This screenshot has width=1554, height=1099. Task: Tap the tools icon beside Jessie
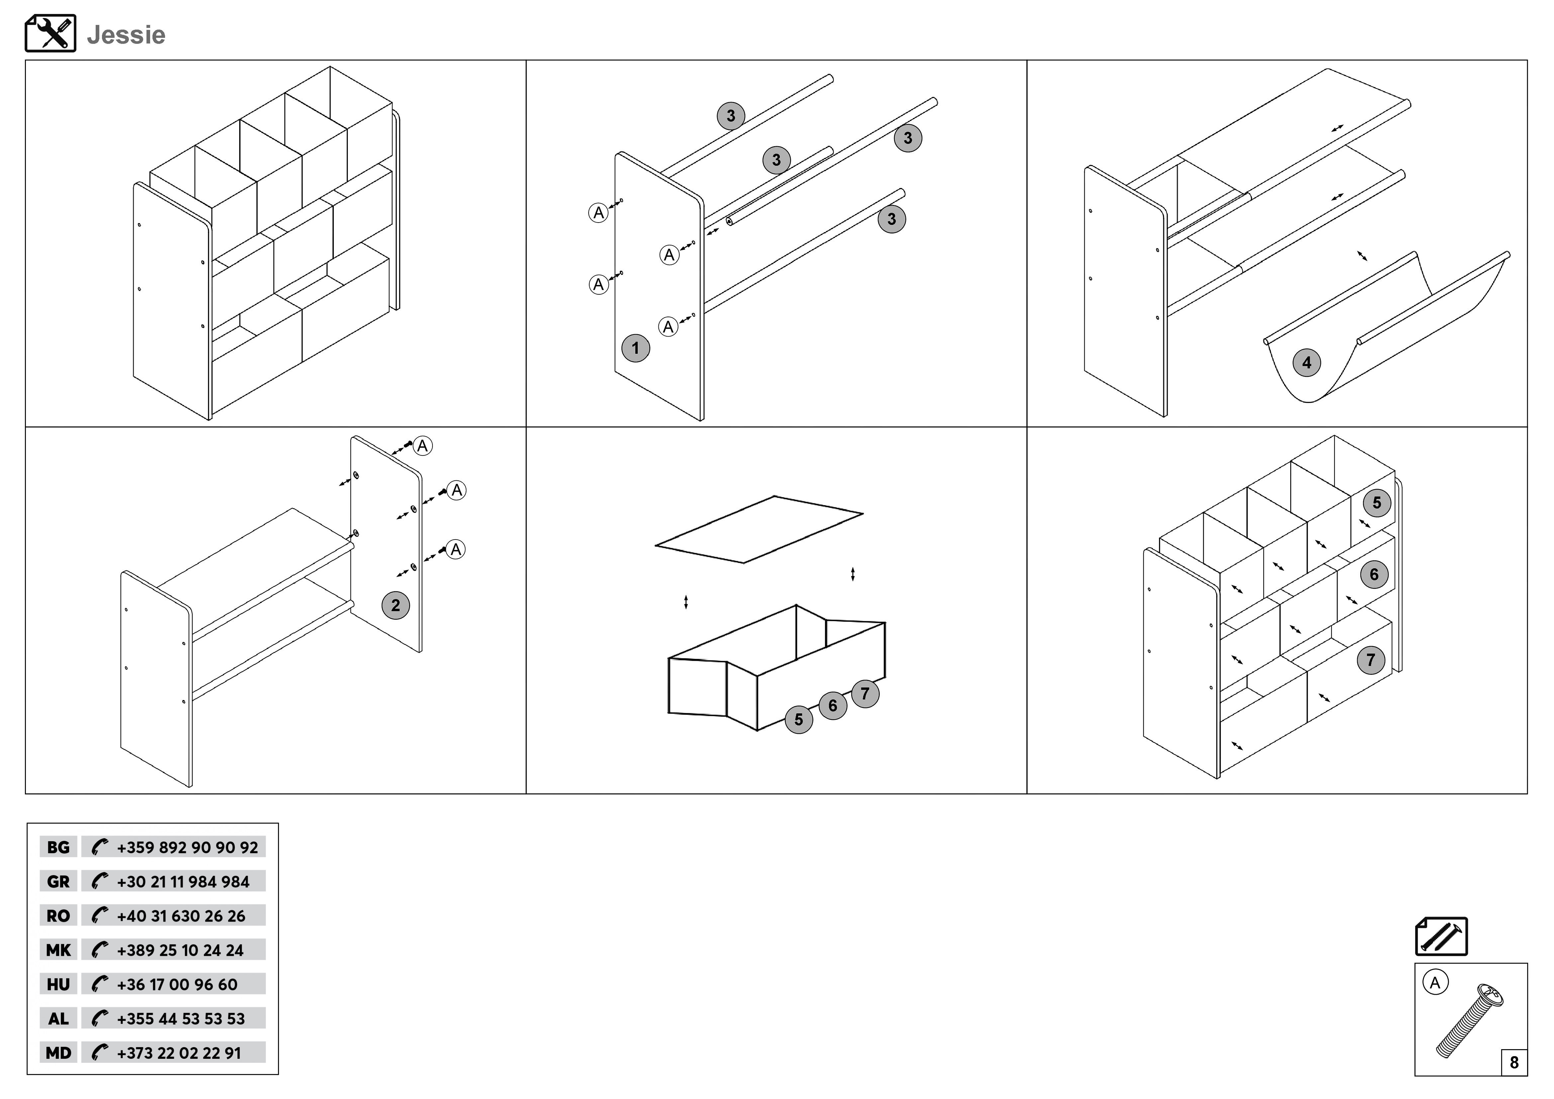50,33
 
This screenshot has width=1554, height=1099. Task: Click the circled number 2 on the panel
395,605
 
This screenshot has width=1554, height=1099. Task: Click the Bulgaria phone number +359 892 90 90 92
187,847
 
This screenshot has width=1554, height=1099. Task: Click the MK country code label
58,950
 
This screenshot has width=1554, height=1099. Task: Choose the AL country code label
58,1019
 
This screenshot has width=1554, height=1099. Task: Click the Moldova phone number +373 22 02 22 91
179,1053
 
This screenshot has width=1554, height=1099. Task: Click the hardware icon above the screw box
1441,937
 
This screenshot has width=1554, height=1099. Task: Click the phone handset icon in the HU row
100,984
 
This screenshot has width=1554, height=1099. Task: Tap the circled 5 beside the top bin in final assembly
1376,503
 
